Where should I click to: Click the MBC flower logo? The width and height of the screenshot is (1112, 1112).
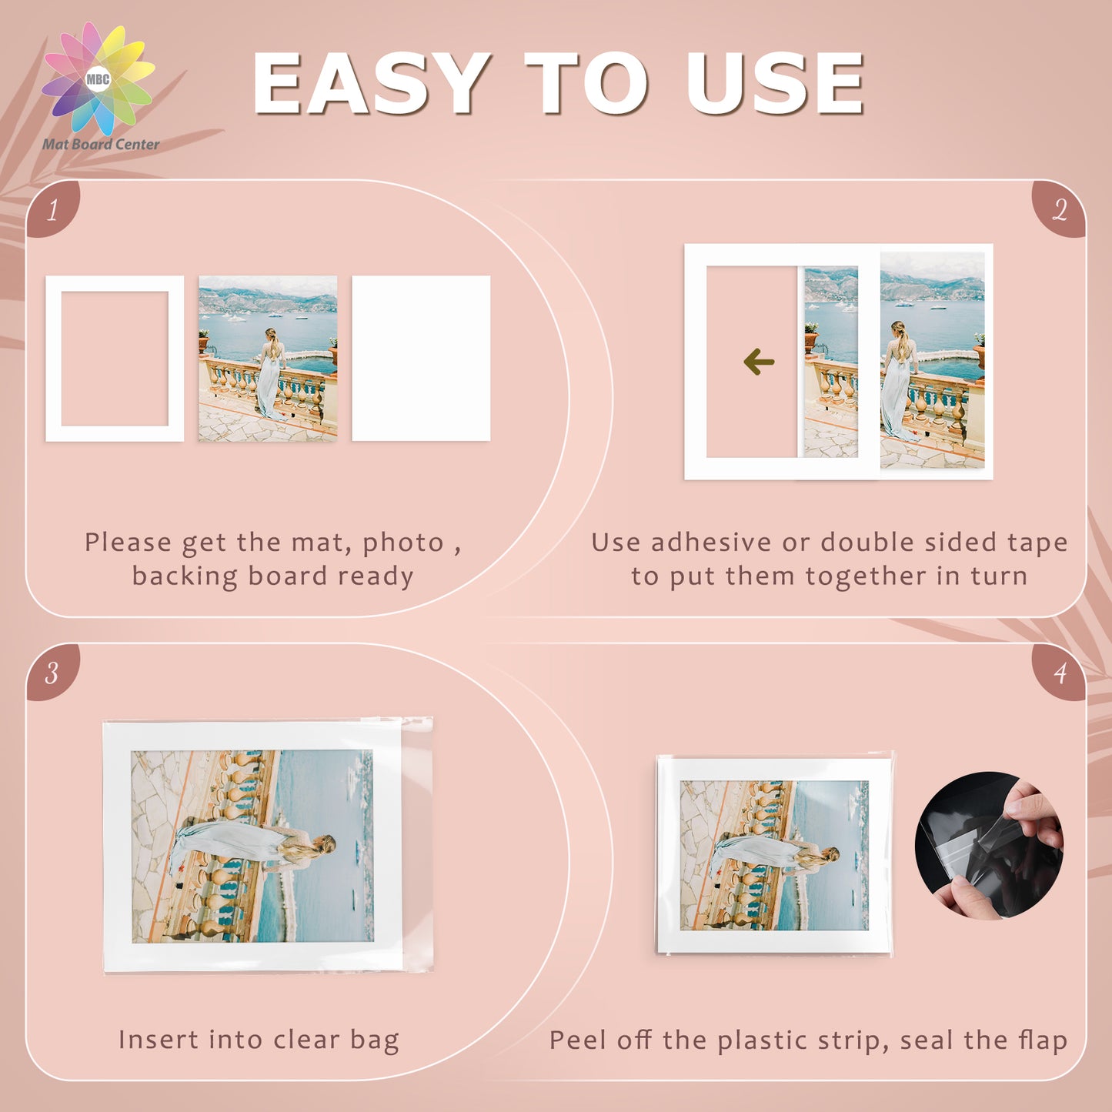pyautogui.click(x=98, y=78)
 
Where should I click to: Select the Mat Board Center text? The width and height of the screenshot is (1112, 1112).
pyautogui.click(x=100, y=144)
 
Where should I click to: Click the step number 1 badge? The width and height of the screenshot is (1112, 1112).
pyautogui.click(x=52, y=209)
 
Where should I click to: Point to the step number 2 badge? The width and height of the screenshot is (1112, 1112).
pyautogui.click(x=1059, y=209)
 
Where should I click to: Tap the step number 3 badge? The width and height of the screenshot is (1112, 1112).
pyautogui.click(x=52, y=673)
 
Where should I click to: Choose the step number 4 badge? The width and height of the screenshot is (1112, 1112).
pyautogui.click(x=1059, y=673)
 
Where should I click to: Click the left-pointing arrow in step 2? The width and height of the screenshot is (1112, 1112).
pyautogui.click(x=759, y=362)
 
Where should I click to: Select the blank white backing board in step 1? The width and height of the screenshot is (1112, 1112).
pyautogui.click(x=421, y=359)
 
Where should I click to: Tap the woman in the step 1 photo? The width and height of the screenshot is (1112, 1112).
pyautogui.click(x=271, y=374)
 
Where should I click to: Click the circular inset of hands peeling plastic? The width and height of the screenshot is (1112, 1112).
pyautogui.click(x=989, y=846)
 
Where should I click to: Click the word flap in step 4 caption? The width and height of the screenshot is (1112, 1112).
pyautogui.click(x=1042, y=1040)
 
